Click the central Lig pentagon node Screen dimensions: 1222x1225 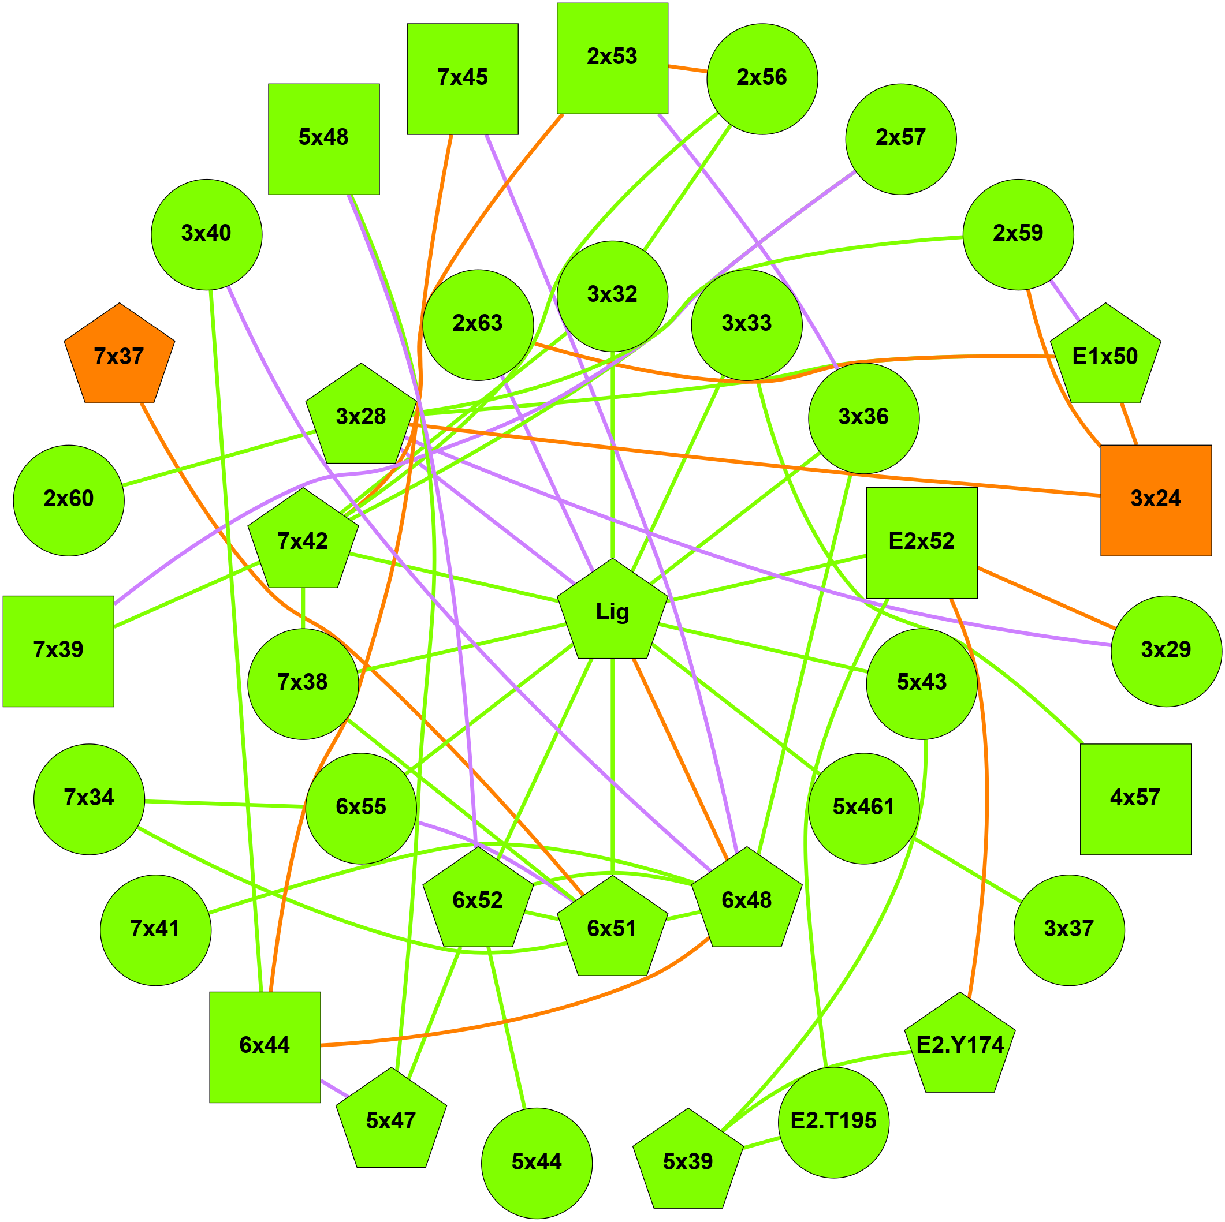(612, 612)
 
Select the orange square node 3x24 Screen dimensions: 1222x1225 (1155, 500)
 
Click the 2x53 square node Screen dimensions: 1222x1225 (612, 58)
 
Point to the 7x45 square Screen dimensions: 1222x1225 (462, 79)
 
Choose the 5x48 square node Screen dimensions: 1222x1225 (323, 139)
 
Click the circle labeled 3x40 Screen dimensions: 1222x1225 (206, 234)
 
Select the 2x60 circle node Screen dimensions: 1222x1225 (69, 500)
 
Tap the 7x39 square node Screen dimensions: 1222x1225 (58, 651)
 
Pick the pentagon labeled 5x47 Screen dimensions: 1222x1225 (390, 1121)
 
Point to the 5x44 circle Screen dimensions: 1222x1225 (537, 1163)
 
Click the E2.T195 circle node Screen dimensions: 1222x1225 (833, 1122)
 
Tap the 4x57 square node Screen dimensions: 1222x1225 (1135, 799)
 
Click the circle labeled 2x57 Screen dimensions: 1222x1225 (900, 139)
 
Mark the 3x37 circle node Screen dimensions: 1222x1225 (1069, 930)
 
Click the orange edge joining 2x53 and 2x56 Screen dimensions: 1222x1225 (687, 68)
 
